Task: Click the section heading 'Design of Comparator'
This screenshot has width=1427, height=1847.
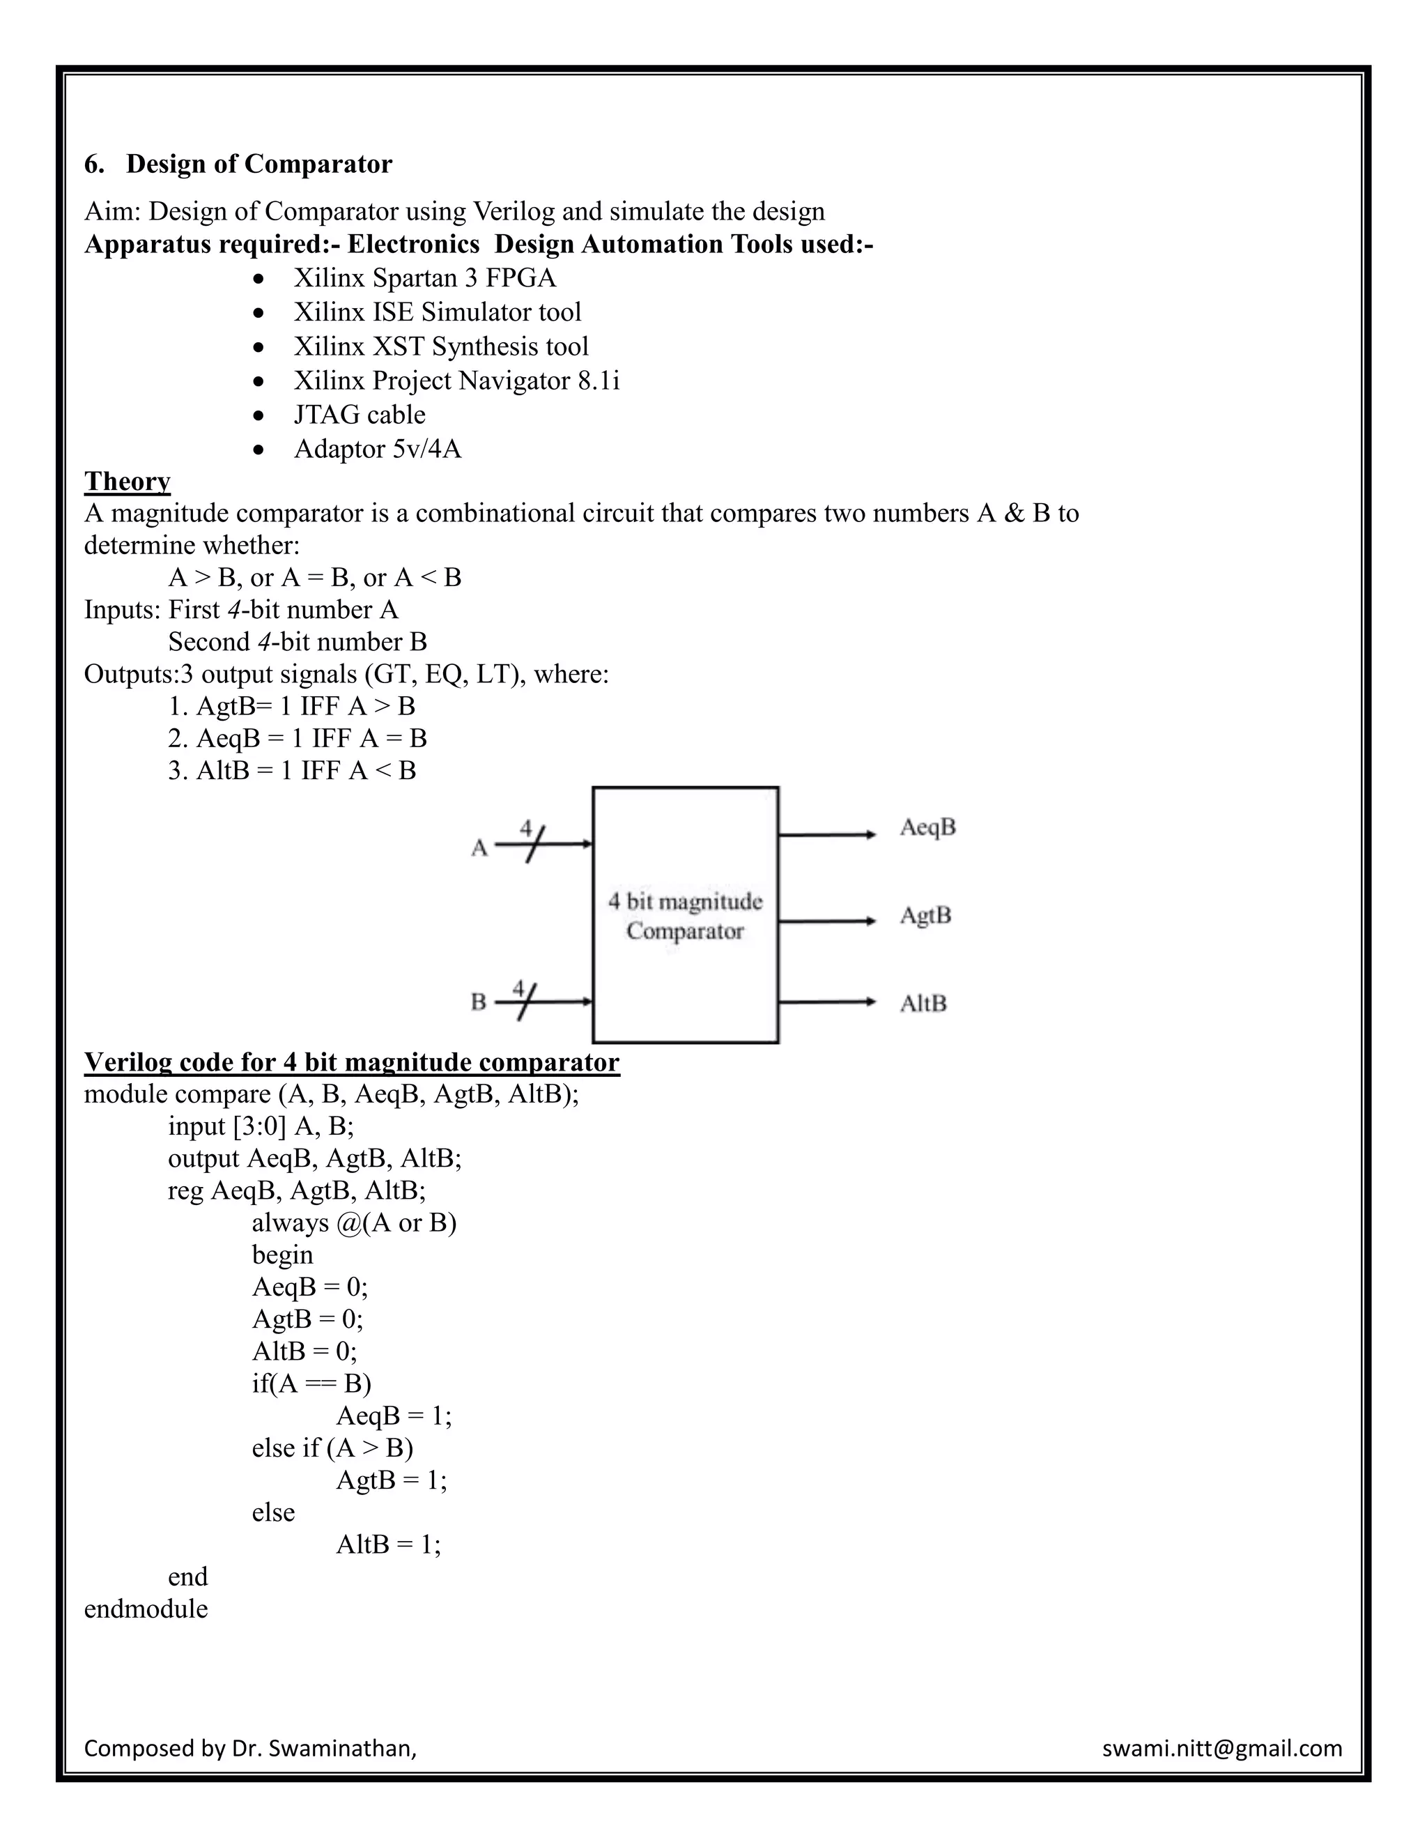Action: pos(259,164)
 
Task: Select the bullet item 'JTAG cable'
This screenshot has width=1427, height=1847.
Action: pos(360,415)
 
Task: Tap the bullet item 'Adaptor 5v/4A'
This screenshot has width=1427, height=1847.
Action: pos(377,449)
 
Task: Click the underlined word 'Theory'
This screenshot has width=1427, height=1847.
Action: pos(127,481)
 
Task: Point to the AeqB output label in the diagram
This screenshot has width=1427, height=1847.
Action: pos(927,827)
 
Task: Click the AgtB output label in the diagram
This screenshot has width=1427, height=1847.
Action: pos(925,915)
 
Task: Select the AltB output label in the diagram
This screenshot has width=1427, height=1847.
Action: pos(923,1004)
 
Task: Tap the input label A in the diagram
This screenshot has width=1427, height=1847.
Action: pos(479,848)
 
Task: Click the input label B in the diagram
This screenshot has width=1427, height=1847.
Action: pos(479,1003)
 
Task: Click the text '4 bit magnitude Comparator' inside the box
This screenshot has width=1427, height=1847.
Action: pos(685,917)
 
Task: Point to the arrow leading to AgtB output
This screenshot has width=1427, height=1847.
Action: pos(827,920)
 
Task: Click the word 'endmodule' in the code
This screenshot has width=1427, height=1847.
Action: pos(146,1609)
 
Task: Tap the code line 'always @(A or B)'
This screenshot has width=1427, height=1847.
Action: pos(353,1223)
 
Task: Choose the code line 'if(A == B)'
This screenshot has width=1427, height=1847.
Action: pos(311,1384)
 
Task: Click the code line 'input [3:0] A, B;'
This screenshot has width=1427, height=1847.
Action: pos(261,1126)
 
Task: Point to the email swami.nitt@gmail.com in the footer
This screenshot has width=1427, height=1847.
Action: pos(1221,1748)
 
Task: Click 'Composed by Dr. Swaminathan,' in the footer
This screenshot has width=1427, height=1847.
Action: pos(250,1748)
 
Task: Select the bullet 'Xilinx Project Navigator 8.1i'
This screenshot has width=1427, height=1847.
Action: pos(456,381)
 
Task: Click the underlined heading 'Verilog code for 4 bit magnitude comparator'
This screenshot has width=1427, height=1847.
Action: pos(352,1062)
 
